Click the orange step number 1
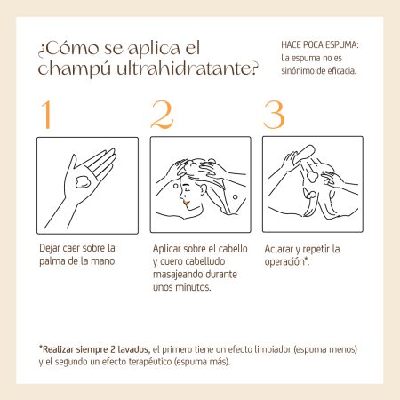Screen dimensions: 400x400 (x=47, y=115)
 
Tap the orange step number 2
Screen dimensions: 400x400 (x=162, y=115)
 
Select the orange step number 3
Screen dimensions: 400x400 (x=274, y=115)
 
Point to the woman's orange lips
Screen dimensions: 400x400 (x=187, y=204)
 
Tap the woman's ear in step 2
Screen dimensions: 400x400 (x=204, y=190)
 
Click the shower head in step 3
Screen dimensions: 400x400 (x=305, y=153)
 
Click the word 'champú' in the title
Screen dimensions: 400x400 (x=74, y=69)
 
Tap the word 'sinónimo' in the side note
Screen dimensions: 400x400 (x=298, y=71)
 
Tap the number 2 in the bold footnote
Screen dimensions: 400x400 (x=113, y=349)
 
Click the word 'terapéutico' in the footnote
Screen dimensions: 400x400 (x=150, y=362)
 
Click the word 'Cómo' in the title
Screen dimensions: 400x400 (x=72, y=48)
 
